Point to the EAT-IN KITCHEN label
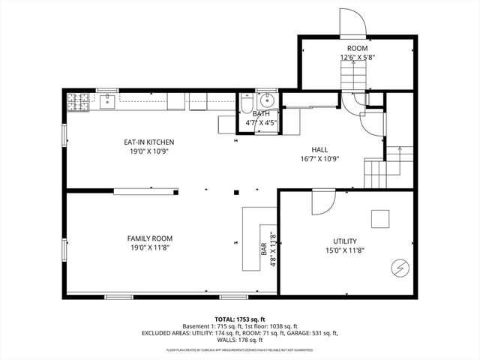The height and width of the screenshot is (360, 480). (x=149, y=142)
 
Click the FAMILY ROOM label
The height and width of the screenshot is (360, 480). (x=149, y=238)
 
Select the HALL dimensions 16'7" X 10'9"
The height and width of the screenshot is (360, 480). (x=319, y=158)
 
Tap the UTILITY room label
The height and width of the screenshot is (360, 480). (x=345, y=241)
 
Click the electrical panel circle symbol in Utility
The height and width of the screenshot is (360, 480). (x=400, y=268)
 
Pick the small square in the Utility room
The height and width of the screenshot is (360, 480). (x=380, y=218)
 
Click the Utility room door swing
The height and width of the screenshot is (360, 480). (x=322, y=201)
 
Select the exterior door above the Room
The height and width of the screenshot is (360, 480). (x=352, y=22)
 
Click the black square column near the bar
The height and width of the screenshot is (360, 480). (x=235, y=190)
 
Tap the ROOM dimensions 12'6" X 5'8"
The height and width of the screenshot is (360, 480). (x=357, y=57)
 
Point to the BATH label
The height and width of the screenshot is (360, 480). (x=261, y=113)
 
